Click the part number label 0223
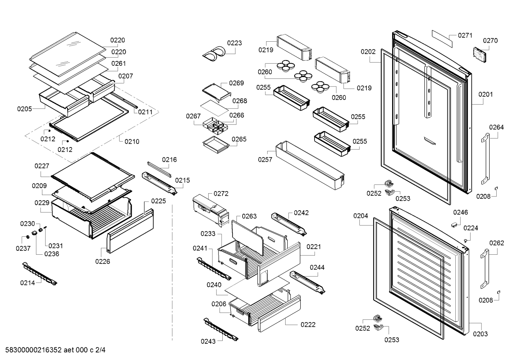point(234,43)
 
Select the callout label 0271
point(465,35)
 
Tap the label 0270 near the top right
point(490,41)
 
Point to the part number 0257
point(265,160)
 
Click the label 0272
point(221,194)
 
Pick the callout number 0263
point(249,216)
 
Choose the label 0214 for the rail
point(28,283)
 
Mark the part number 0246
point(460,212)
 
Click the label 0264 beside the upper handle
point(496,127)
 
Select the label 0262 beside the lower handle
point(496,243)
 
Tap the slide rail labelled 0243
point(220,329)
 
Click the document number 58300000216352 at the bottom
point(34,350)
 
